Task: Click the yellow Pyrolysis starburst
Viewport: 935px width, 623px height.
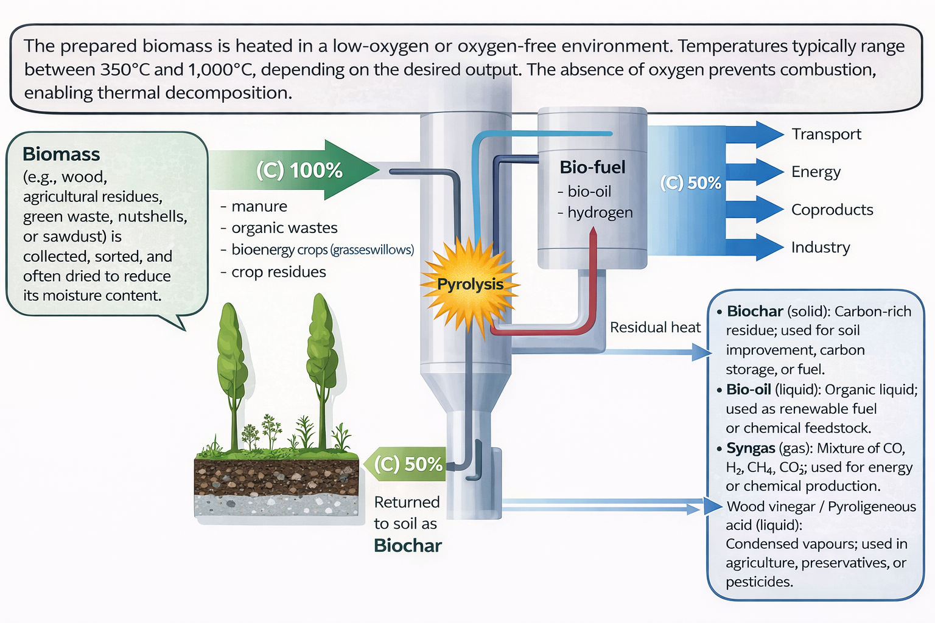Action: [x=470, y=285]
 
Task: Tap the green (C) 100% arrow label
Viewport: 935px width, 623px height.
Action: [x=299, y=170]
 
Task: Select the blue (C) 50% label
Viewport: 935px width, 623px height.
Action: [x=690, y=183]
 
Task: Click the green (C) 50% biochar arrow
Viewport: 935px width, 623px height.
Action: [x=407, y=464]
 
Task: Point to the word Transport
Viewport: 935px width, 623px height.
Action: [x=826, y=134]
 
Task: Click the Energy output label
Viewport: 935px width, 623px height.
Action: [x=816, y=172]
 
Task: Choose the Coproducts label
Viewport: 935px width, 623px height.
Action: [x=832, y=210]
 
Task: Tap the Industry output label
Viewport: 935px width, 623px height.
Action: [x=820, y=248]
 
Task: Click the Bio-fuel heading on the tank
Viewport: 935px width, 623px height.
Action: [x=592, y=167]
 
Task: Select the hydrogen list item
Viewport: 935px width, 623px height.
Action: [x=600, y=212]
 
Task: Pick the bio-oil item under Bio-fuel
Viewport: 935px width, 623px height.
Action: [x=589, y=192]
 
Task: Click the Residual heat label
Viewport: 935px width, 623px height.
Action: [x=655, y=327]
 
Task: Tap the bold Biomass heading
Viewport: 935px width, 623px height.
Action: [x=61, y=155]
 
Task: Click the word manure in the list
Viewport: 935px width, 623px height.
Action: [x=259, y=207]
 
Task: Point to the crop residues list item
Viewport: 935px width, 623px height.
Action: [x=278, y=272]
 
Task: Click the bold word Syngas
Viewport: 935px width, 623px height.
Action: [x=751, y=448]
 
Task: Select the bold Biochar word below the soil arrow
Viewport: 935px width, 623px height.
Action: [x=407, y=546]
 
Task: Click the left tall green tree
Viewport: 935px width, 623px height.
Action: [x=232, y=365]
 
